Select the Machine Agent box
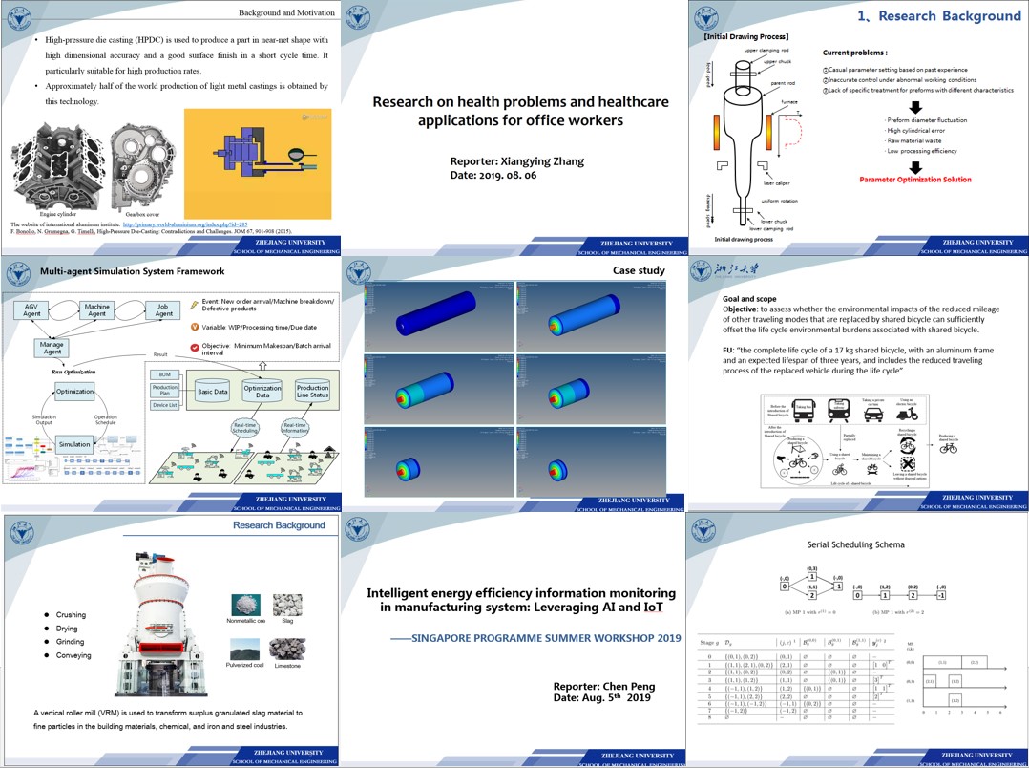[97, 309]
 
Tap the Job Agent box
[164, 309]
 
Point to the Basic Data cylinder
[212, 391]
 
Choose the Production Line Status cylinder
[312, 391]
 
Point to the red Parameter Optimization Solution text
[914, 180]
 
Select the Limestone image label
[287, 666]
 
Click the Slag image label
[286, 620]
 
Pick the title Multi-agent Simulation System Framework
[119, 272]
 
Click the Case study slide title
[639, 271]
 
